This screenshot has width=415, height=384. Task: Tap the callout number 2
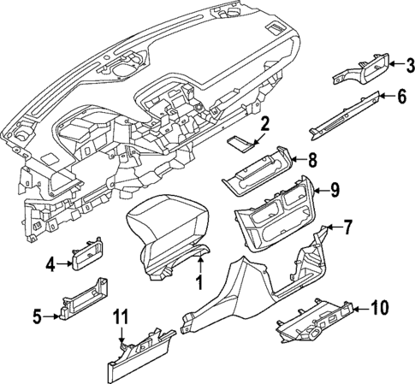265,124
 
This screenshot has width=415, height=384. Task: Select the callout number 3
409,64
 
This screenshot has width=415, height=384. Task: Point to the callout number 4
50,264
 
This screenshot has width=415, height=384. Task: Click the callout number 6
401,97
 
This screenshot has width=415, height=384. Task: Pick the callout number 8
312,158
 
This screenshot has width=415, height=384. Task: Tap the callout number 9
335,190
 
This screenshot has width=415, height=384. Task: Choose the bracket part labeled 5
86,301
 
